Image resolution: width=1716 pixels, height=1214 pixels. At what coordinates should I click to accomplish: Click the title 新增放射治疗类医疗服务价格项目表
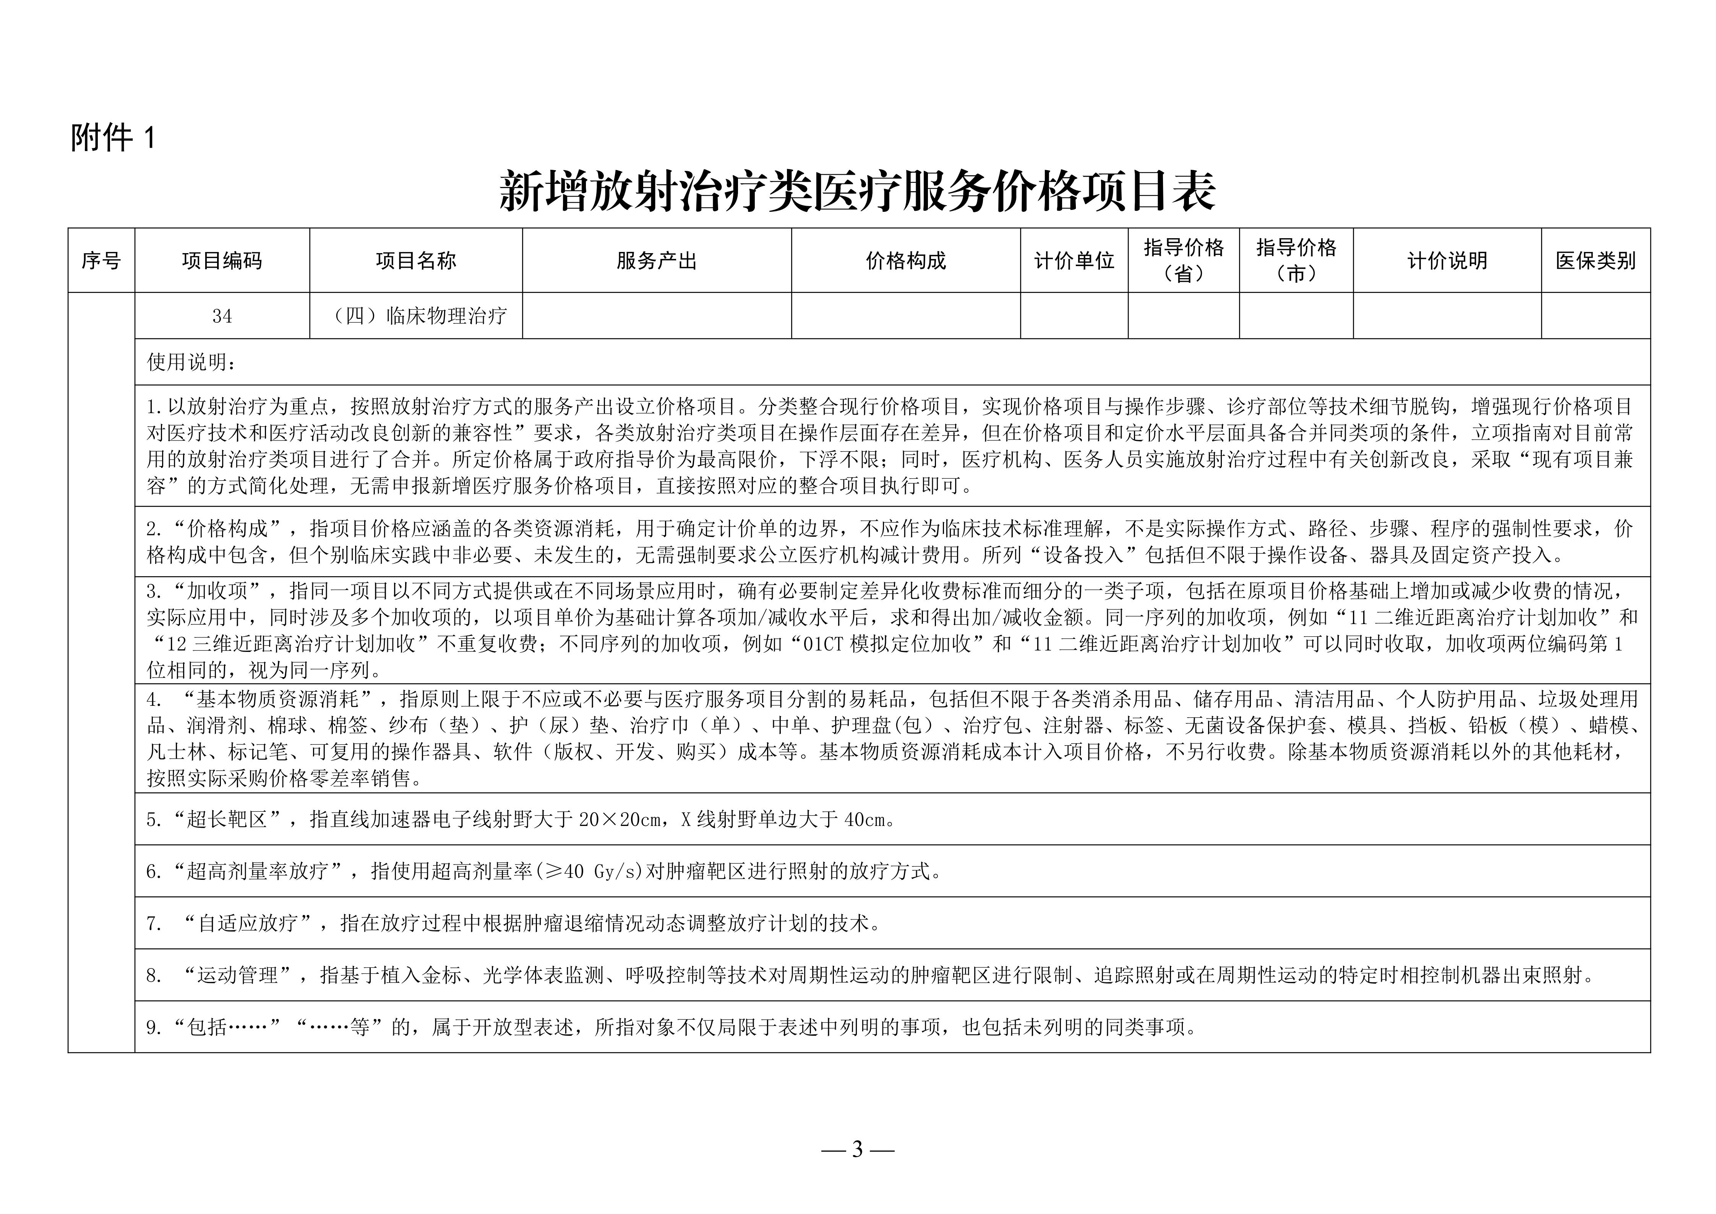(857, 191)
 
